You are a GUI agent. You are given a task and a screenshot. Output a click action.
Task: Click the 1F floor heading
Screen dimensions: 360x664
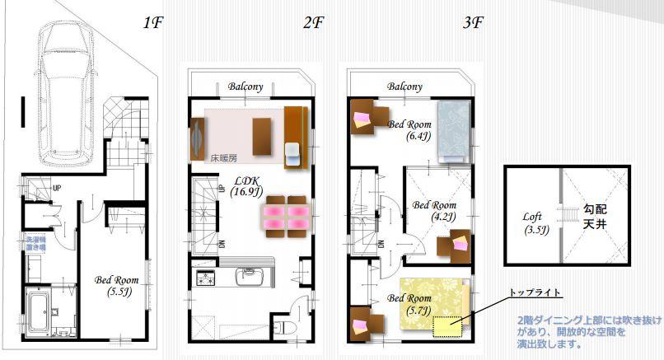click(153, 22)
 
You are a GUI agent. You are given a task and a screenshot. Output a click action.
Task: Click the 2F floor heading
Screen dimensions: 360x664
click(312, 22)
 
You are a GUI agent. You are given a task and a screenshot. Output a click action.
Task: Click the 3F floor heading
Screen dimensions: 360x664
click(472, 22)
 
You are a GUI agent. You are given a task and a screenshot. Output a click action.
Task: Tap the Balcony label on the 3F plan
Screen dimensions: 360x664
click(404, 86)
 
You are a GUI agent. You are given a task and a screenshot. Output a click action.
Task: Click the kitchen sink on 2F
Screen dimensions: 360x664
click(247, 276)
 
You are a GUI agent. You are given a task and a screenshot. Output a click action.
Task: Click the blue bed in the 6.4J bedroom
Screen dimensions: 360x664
click(453, 128)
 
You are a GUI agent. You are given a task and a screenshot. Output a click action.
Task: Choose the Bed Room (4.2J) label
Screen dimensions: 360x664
click(434, 211)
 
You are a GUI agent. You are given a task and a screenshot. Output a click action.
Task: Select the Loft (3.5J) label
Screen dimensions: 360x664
click(535, 223)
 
